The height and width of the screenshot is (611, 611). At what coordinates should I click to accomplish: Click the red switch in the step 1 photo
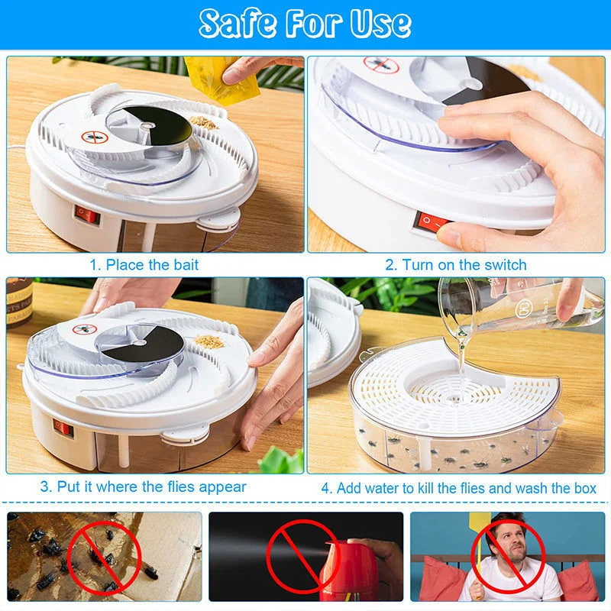pos(88,215)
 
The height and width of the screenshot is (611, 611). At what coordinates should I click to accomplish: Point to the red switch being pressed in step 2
pos(431,223)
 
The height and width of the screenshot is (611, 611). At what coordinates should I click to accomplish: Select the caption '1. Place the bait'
pos(144,265)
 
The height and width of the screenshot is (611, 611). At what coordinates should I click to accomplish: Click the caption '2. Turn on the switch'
pos(455,265)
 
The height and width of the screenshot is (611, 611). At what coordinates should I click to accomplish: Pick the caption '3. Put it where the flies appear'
pos(144,487)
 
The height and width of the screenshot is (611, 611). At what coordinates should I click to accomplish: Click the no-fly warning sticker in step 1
pos(92,137)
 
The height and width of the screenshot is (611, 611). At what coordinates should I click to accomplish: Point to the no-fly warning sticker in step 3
pos(85,329)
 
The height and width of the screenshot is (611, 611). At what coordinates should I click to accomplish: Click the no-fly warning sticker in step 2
pos(381,65)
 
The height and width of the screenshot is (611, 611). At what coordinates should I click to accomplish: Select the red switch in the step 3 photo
pos(63,428)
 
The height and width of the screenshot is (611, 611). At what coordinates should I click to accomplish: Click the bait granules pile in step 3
pos(209,341)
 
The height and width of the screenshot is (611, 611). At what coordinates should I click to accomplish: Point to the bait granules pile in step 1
pos(204,121)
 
